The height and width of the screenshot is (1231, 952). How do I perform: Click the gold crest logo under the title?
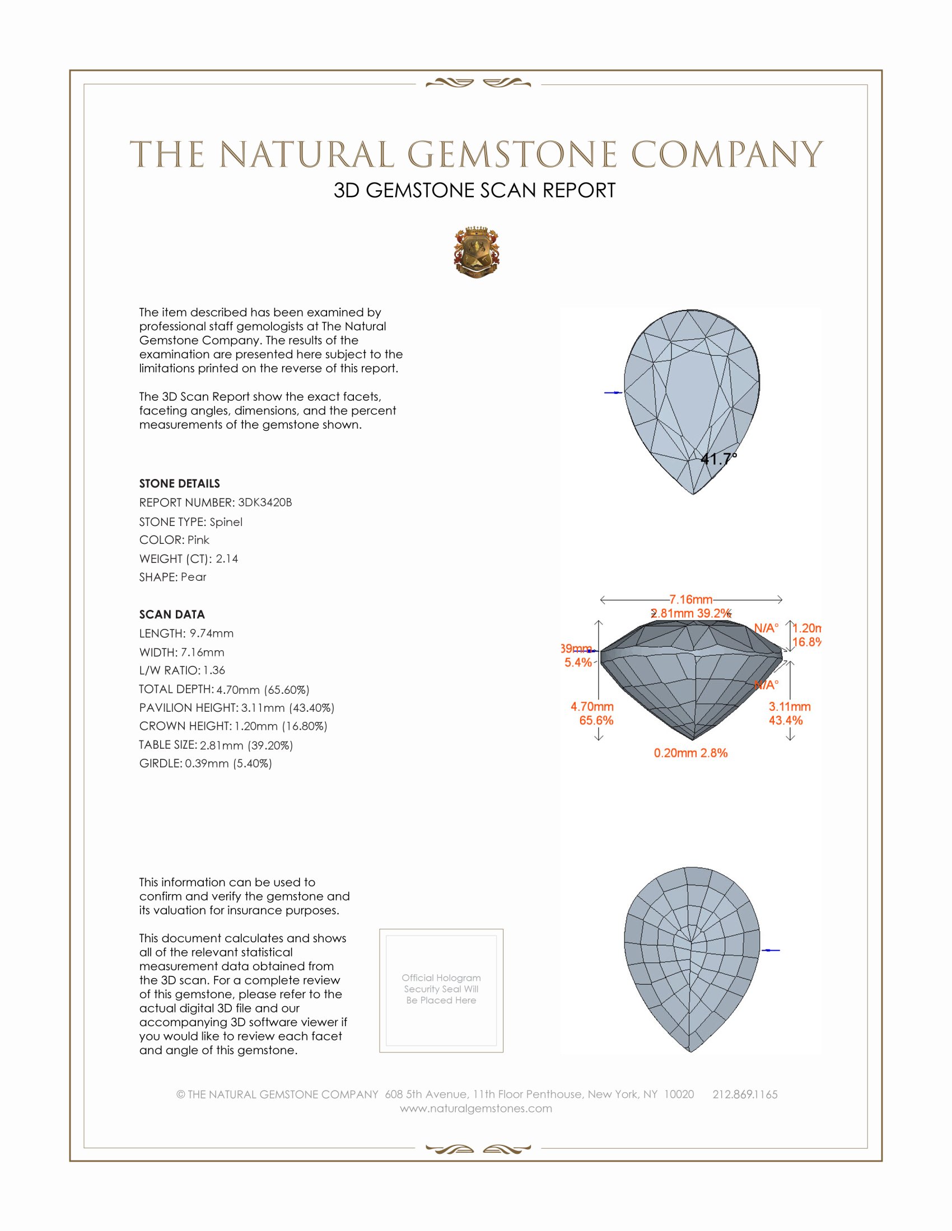pos(476,252)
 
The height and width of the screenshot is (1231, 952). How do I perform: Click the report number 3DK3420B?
pos(264,502)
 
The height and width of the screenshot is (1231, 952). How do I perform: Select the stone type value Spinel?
pos(226,522)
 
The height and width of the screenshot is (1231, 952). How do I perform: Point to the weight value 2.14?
pos(227,558)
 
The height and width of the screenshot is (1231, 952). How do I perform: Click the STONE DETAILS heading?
pos(179,483)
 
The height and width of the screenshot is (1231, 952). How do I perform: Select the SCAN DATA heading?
pos(172,614)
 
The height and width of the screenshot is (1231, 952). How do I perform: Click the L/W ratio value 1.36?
pos(214,670)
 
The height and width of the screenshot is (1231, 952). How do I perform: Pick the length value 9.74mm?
pos(212,633)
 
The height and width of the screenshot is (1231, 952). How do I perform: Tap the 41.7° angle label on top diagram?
pos(718,459)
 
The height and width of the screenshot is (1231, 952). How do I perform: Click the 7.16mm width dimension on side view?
pos(691,599)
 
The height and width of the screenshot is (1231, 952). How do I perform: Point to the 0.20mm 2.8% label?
pos(690,753)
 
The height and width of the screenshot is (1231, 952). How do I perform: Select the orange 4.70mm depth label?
pos(591,706)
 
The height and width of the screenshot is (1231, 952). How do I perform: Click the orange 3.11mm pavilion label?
pos(789,706)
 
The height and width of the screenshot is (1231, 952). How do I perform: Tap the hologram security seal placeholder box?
pos(441,990)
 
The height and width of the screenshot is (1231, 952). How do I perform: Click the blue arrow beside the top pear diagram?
pos(613,392)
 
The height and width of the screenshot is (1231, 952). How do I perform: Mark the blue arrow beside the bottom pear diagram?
pos(771,950)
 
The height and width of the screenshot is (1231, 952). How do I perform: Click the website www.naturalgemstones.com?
pos(476,1108)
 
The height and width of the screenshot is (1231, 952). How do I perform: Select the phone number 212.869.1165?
pos(744,1094)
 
